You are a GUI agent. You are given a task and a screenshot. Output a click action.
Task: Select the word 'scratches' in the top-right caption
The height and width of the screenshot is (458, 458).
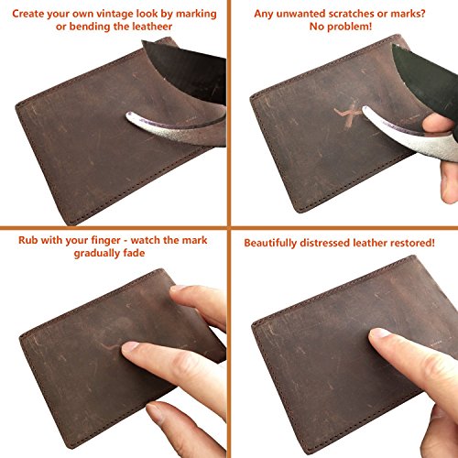pyautogui.click(x=334, y=12)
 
